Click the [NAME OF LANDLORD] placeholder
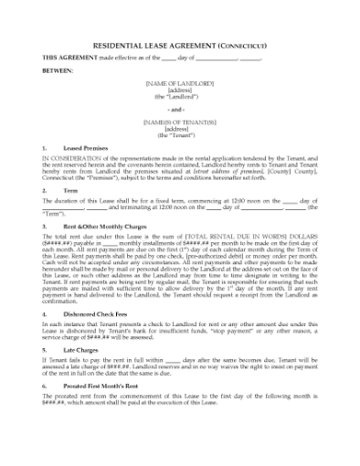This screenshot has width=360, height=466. pyautogui.click(x=178, y=84)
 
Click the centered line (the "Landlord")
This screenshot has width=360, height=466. pyautogui.click(x=178, y=96)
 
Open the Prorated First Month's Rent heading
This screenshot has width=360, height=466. pyautogui.click(x=108, y=385)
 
